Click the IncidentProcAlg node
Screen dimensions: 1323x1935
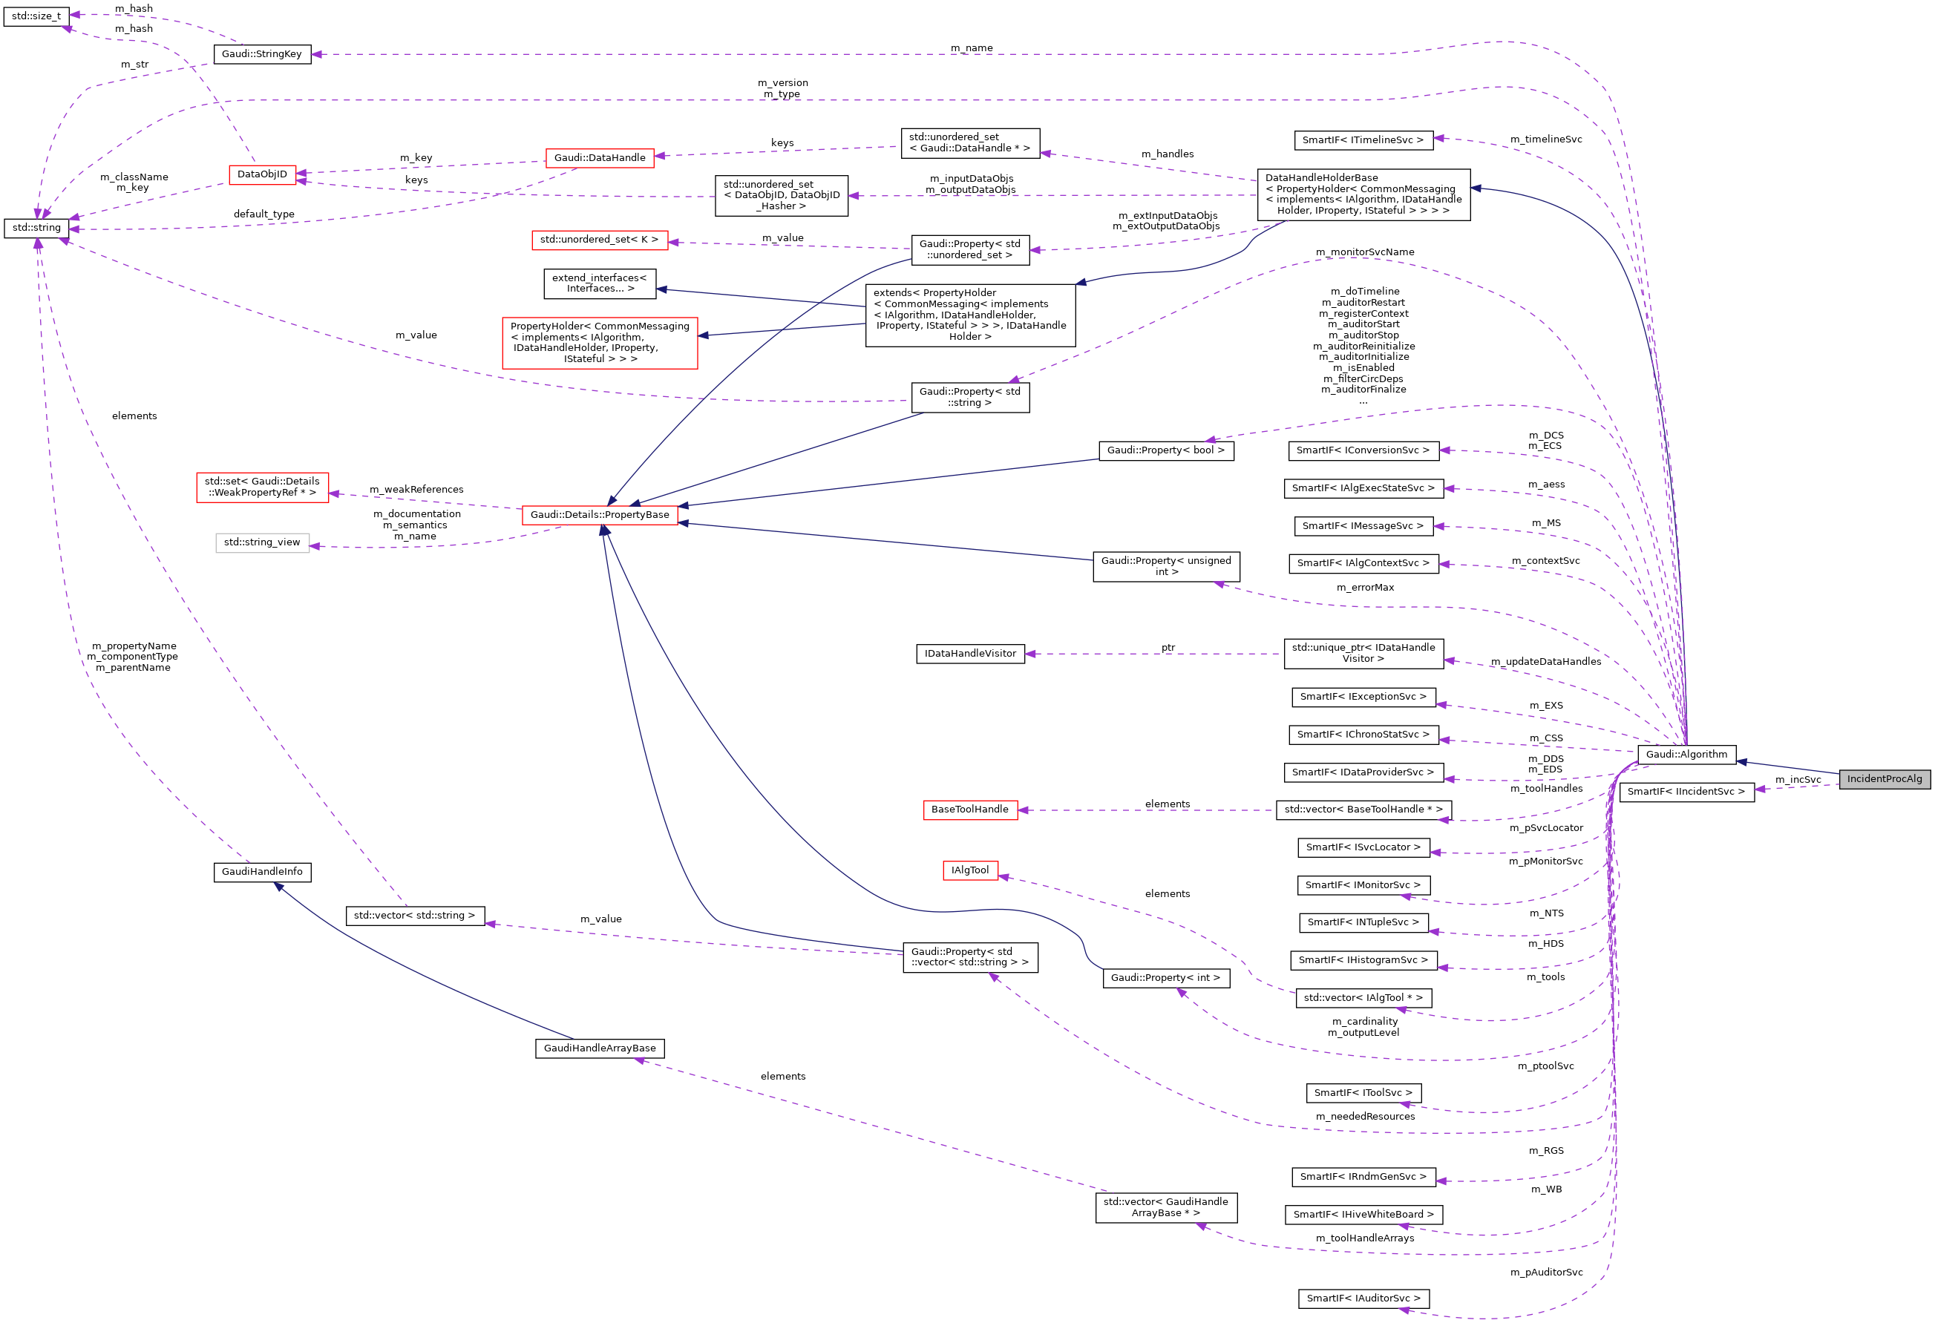point(1885,779)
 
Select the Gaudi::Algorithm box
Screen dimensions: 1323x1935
point(1686,755)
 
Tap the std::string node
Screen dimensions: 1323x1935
point(36,228)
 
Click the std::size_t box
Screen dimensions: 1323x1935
point(36,16)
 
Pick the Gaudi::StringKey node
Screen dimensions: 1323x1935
point(261,54)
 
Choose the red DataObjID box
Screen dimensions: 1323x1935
point(262,174)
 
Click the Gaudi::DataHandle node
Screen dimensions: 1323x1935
point(600,157)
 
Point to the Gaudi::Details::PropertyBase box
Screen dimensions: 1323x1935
point(600,514)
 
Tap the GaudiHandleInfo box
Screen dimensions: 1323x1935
point(262,872)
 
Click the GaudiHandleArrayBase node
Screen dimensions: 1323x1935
point(600,1048)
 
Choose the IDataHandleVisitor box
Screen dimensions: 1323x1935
point(970,654)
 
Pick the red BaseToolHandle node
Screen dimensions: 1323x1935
point(970,810)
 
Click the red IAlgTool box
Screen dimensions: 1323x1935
point(970,870)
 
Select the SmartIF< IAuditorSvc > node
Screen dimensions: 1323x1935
point(1363,1298)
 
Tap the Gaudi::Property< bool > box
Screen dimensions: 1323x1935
point(1165,450)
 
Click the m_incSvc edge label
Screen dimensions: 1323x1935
point(1798,779)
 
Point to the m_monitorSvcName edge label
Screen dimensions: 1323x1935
point(1365,252)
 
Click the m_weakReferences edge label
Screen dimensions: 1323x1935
point(416,490)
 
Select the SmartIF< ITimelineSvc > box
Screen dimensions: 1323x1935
point(1363,140)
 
